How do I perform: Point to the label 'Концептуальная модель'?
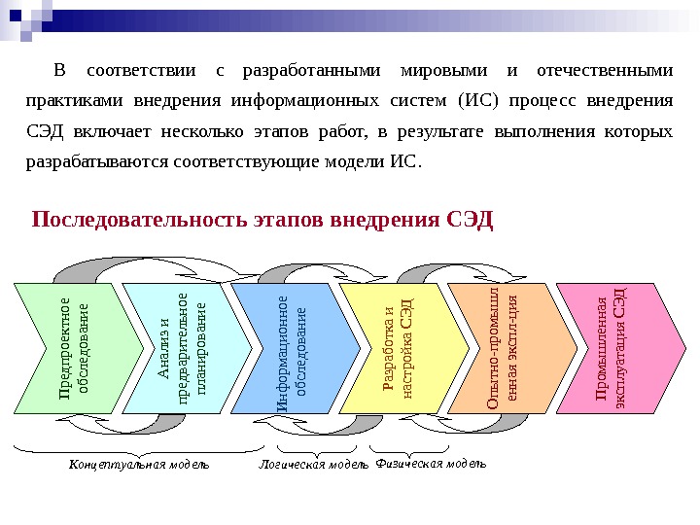[x=139, y=465]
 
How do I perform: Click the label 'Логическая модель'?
[x=313, y=465]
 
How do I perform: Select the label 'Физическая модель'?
[x=430, y=464]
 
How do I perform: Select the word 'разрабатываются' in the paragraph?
[x=94, y=161]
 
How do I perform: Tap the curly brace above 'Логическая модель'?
[x=312, y=449]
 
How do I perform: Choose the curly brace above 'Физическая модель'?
[x=412, y=449]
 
